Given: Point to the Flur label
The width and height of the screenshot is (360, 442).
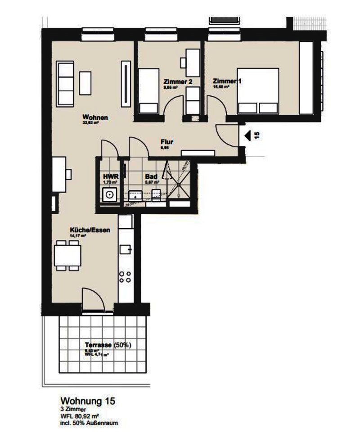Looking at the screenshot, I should tap(167, 142).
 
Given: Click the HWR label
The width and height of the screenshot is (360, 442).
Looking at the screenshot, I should tap(108, 176).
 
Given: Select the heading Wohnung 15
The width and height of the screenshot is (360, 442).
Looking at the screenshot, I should tap(85, 401).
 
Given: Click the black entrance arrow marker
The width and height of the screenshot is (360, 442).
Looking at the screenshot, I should tap(247, 135).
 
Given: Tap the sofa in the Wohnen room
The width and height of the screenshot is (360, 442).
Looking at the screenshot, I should tap(65, 83).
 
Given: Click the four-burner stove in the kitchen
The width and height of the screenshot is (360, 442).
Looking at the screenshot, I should tap(125, 277).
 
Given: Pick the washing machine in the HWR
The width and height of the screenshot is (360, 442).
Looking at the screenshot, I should tap(109, 195).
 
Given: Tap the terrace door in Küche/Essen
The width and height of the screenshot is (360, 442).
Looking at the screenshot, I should tap(92, 297).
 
